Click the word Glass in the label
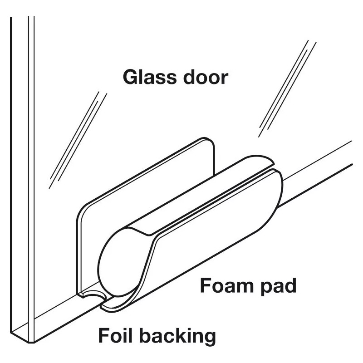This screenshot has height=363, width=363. pyautogui.click(x=150, y=77)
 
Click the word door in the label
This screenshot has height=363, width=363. pyautogui.click(x=206, y=77)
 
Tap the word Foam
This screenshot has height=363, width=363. pyautogui.click(x=227, y=285)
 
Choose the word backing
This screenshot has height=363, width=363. pyautogui.click(x=177, y=337)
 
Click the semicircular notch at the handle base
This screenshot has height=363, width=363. pyautogui.click(x=93, y=292)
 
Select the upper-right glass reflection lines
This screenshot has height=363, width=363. pyautogui.click(x=287, y=88)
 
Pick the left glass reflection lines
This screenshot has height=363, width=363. pyautogui.click(x=78, y=140)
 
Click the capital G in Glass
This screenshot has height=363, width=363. pyautogui.click(x=131, y=77)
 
